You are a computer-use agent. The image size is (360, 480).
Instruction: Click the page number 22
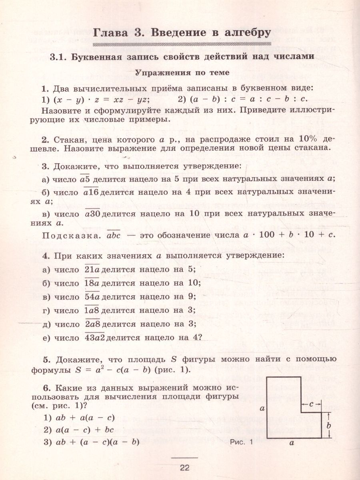point(184,468)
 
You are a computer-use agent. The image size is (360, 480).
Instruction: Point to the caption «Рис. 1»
point(242,442)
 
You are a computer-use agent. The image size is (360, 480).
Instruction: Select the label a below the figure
point(292,443)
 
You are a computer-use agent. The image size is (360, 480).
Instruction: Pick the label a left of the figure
point(262,408)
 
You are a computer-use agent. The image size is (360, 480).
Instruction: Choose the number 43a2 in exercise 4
point(95,338)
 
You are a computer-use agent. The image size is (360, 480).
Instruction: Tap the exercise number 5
point(45,358)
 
